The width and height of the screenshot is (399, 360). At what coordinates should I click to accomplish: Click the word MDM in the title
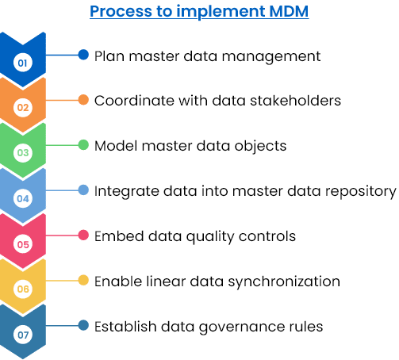pos(289,11)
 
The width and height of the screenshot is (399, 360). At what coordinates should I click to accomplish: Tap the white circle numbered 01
pos(23,63)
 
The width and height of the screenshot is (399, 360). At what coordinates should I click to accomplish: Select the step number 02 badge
pos(23,107)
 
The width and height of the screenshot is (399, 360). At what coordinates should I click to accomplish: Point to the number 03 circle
pos(23,152)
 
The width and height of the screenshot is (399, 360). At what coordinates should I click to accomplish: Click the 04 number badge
pos(23,198)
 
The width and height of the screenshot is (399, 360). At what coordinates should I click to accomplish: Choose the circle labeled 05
pos(23,244)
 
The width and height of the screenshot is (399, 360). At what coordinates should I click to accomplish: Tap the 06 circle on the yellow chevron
pos(23,289)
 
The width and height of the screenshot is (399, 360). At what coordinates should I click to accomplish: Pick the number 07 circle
pos(23,335)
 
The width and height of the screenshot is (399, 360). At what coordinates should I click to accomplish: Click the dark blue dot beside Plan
pos(83,55)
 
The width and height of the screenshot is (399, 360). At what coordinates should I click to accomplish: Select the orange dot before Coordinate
pos(83,100)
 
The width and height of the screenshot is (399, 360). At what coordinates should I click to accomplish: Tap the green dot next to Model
pos(83,145)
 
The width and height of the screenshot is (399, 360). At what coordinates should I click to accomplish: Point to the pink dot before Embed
pos(83,236)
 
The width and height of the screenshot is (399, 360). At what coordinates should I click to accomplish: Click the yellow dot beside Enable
pos(83,280)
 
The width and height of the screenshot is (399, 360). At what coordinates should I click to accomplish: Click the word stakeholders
pos(295,101)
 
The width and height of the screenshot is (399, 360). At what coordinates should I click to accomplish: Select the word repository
pos(361,192)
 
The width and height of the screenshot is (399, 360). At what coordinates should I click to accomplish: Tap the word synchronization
pos(284,281)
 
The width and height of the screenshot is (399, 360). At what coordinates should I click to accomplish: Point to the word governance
pos(242,327)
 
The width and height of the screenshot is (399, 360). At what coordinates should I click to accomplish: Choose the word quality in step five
pos(210,237)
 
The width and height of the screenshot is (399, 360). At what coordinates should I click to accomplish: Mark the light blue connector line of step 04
pos(62,190)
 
